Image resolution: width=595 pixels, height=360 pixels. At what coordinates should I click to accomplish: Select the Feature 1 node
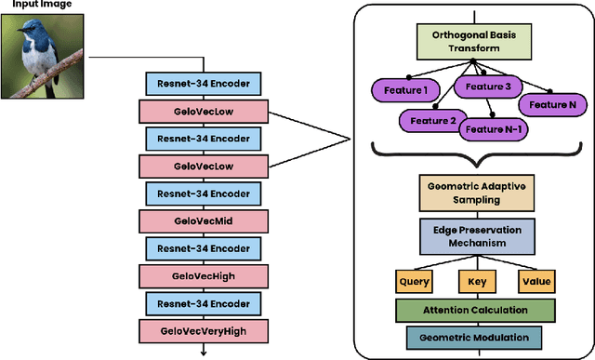[x=402, y=91]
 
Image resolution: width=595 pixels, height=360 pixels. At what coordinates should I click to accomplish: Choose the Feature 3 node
[x=487, y=87]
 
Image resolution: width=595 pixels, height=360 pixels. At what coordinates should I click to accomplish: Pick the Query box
[x=414, y=278]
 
